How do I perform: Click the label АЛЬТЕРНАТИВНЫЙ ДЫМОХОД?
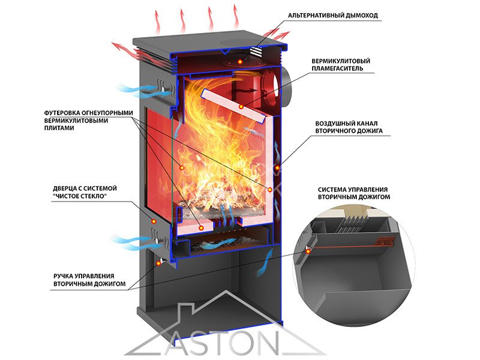[333, 16]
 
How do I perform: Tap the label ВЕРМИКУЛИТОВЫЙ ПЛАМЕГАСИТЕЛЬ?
[341, 65]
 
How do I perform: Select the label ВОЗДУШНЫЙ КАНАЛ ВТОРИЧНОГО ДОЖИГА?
[349, 127]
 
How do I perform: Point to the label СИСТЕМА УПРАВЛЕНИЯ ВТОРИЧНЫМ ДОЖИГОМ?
[354, 193]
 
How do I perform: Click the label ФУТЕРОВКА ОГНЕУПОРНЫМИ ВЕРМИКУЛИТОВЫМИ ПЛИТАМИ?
[89, 121]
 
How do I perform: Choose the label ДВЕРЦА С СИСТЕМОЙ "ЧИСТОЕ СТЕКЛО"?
[85, 192]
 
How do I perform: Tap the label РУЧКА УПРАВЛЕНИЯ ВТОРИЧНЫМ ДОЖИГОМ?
[89, 280]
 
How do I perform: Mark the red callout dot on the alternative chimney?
[241, 62]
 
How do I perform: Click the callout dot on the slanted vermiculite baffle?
[241, 107]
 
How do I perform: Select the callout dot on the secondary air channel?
[277, 168]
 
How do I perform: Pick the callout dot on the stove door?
[154, 221]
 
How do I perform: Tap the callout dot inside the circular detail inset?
[308, 251]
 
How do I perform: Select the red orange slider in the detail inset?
[386, 242]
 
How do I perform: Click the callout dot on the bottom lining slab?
[201, 228]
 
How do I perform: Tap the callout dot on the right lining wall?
[269, 190]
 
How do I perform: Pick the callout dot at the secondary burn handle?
[158, 263]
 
